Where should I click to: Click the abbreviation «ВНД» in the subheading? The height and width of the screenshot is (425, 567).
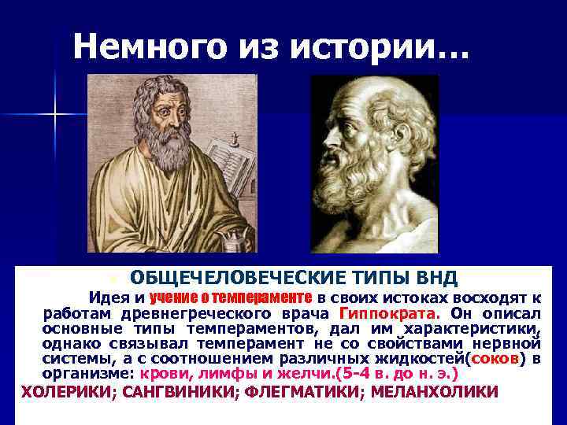coord(435,278)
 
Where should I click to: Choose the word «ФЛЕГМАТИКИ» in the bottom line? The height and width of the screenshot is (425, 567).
coord(298,391)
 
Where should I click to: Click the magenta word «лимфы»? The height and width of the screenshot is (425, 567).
coord(223,374)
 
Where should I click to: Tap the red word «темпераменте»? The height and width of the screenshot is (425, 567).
coord(271,297)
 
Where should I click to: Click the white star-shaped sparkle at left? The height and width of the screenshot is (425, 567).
coord(56,116)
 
